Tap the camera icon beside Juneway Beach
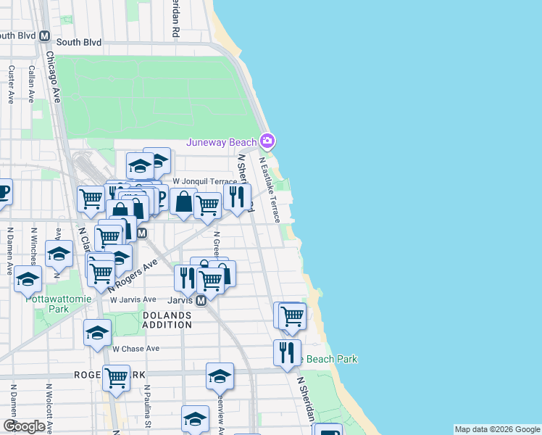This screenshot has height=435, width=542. [x=267, y=140]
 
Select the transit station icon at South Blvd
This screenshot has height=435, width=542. [x=44, y=36]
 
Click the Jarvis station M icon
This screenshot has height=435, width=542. [x=201, y=299]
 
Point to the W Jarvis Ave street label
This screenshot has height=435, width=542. [x=132, y=299]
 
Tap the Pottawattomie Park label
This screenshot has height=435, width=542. [x=47, y=303]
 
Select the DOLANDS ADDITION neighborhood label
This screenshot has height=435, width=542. [x=167, y=320]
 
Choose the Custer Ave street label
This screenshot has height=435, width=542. [x=12, y=85]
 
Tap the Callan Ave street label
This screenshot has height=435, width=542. [x=31, y=85]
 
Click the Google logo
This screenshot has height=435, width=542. [x=23, y=426]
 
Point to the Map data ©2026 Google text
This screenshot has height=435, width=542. [x=497, y=429]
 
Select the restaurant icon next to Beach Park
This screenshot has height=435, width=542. [x=287, y=352]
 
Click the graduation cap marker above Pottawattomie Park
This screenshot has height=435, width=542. [x=28, y=279]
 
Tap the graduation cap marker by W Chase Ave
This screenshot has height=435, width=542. [x=97, y=331]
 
